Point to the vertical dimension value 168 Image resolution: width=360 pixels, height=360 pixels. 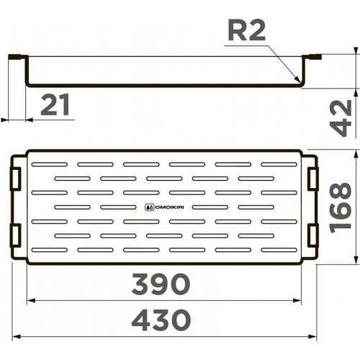pos(344,206)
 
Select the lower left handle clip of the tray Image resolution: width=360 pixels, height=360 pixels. pos(16,235)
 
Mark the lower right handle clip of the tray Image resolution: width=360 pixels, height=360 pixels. pos(312,235)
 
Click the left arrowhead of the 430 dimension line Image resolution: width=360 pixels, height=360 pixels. pos(17,336)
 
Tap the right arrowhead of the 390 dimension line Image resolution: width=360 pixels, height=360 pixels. pos(302,301)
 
